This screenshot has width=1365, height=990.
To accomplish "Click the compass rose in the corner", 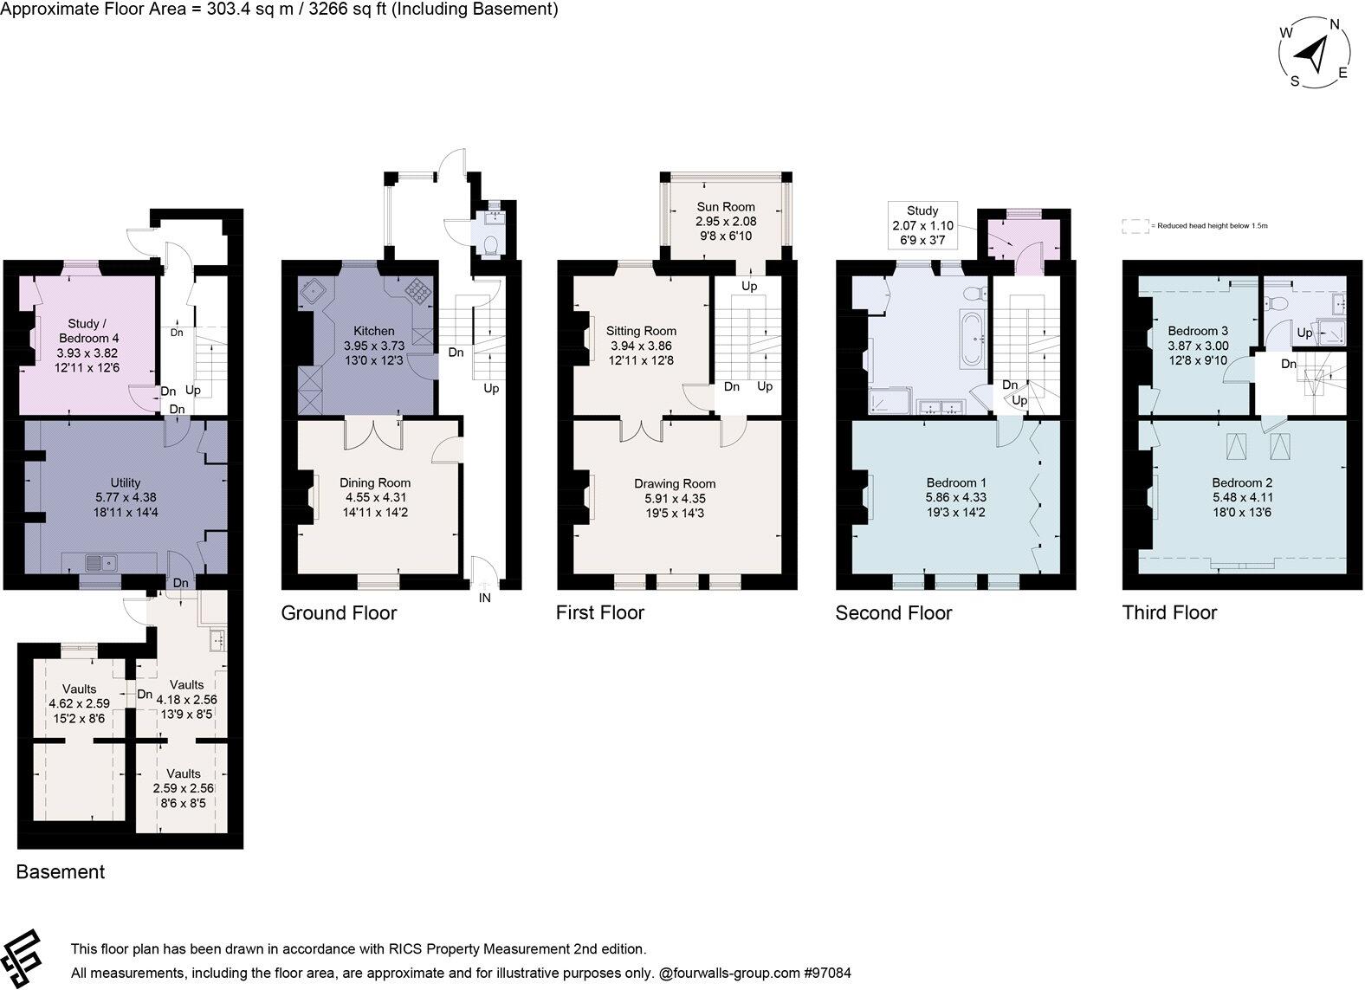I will tap(1314, 53).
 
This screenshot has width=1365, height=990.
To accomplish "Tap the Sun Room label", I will tap(726, 207).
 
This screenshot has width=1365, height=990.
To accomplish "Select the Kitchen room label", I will tap(373, 331).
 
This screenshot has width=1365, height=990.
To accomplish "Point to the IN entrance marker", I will tap(484, 598).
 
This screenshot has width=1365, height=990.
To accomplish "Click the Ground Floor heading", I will tap(339, 613).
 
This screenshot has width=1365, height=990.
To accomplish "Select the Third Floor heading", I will tap(1169, 613).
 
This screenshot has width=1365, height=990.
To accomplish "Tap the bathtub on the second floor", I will tap(974, 340).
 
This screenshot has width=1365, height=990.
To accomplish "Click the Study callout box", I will tap(922, 224).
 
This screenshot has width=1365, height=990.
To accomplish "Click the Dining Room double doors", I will tap(373, 433).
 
